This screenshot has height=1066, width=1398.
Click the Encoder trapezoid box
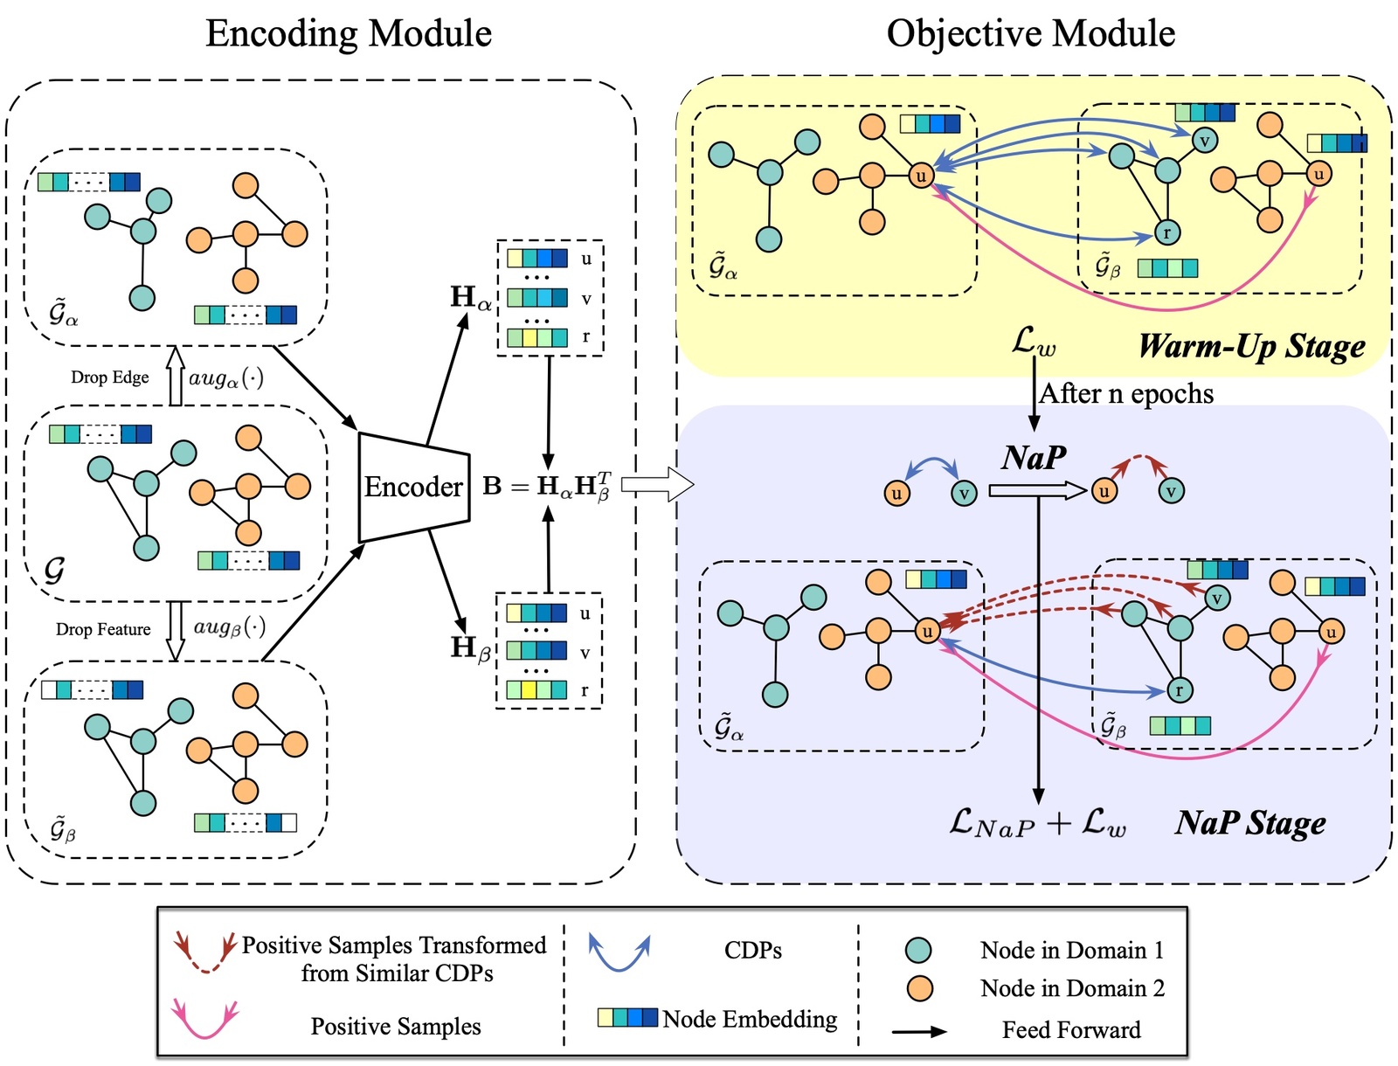(x=413, y=487)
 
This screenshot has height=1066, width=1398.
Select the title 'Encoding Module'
(x=349, y=34)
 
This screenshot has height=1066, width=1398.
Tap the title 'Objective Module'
(x=1030, y=34)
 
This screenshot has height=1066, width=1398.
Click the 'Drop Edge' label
(x=110, y=377)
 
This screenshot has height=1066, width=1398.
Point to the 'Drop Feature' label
(x=103, y=629)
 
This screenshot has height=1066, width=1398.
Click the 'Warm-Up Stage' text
(x=1251, y=347)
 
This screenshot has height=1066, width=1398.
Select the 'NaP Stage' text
(x=1250, y=822)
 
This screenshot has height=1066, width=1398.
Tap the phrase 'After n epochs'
(x=1126, y=394)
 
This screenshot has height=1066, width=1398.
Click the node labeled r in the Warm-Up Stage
(x=1166, y=232)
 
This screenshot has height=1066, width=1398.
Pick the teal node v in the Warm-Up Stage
(x=1205, y=140)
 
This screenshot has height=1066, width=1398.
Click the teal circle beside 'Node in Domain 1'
(x=918, y=950)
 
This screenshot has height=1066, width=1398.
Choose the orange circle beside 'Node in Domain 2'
(x=918, y=988)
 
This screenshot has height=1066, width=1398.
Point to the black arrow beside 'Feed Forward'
(x=919, y=1031)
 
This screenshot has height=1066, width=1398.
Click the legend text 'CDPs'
(x=752, y=951)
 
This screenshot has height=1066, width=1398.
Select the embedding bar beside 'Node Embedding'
(x=626, y=1018)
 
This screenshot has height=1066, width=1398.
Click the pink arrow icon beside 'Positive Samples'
(x=205, y=1020)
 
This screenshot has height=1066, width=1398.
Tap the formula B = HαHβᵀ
(x=548, y=487)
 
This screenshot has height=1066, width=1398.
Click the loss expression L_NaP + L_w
(x=1037, y=823)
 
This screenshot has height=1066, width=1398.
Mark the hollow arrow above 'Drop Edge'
(x=176, y=376)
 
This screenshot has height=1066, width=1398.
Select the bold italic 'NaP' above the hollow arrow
(x=1034, y=457)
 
